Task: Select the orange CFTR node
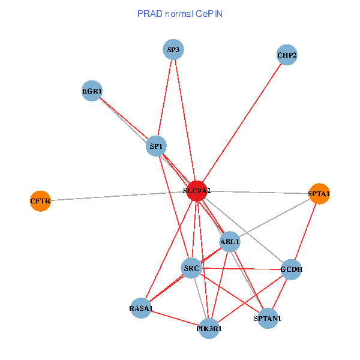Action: (x=40, y=200)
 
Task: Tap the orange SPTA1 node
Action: (x=319, y=194)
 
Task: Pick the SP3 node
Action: (x=173, y=49)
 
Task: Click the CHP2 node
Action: (x=287, y=55)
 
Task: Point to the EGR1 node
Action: (x=92, y=91)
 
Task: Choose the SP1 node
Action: (x=157, y=146)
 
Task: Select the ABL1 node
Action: (x=230, y=242)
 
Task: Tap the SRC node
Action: (x=191, y=268)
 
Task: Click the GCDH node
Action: (x=291, y=269)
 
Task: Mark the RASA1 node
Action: (x=141, y=308)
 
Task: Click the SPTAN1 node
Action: (x=267, y=318)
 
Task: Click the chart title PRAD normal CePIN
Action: (x=180, y=13)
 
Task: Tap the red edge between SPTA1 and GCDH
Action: (x=305, y=231)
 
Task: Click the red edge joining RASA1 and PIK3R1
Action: (x=175, y=319)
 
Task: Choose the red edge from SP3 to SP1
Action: (x=165, y=96)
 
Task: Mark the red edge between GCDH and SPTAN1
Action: (x=279, y=294)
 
